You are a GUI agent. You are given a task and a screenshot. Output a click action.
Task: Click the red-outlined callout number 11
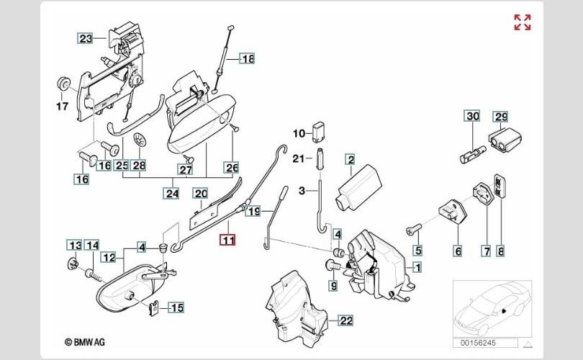click(227, 241)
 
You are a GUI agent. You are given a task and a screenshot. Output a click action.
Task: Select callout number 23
click(86, 38)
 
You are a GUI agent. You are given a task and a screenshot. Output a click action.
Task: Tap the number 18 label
click(247, 59)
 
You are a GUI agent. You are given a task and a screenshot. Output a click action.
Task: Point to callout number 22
click(346, 320)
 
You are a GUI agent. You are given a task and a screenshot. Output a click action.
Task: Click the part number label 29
click(500, 116)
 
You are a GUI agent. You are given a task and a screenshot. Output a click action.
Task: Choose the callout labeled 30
click(471, 116)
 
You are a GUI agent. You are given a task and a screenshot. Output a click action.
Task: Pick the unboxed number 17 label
click(63, 107)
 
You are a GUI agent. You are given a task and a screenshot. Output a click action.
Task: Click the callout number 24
click(171, 193)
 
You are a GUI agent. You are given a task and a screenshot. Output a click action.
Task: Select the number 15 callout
click(176, 308)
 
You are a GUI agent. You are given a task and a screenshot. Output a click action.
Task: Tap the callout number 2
click(350, 159)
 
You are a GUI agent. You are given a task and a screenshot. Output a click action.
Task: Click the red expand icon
click(522, 22)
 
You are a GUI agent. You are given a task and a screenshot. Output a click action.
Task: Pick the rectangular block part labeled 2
click(358, 185)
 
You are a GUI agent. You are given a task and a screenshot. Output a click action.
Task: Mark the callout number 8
click(501, 251)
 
